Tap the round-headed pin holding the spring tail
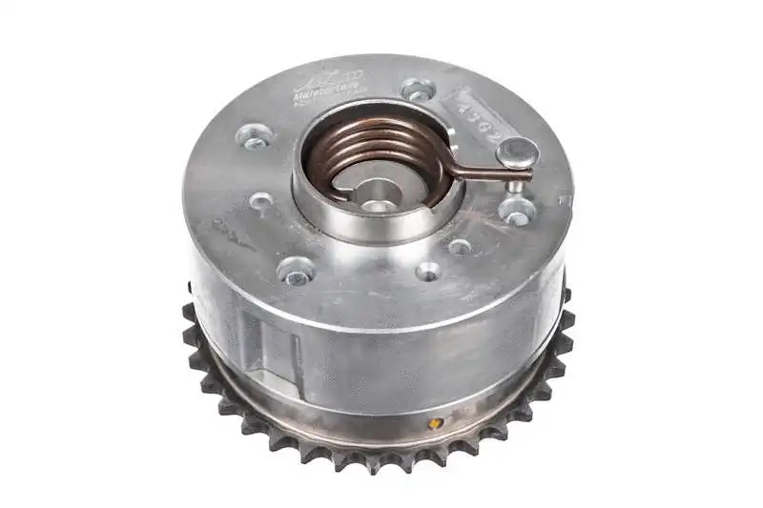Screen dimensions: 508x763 click(517, 152)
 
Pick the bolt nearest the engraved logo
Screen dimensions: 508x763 click(418, 91)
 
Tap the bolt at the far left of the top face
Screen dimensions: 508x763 click(255, 139)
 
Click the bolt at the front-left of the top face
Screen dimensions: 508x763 click(295, 274)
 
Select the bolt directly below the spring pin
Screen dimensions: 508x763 click(516, 213)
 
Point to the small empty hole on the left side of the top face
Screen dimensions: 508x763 click(260, 201)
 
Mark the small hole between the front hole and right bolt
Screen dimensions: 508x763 click(460, 246)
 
